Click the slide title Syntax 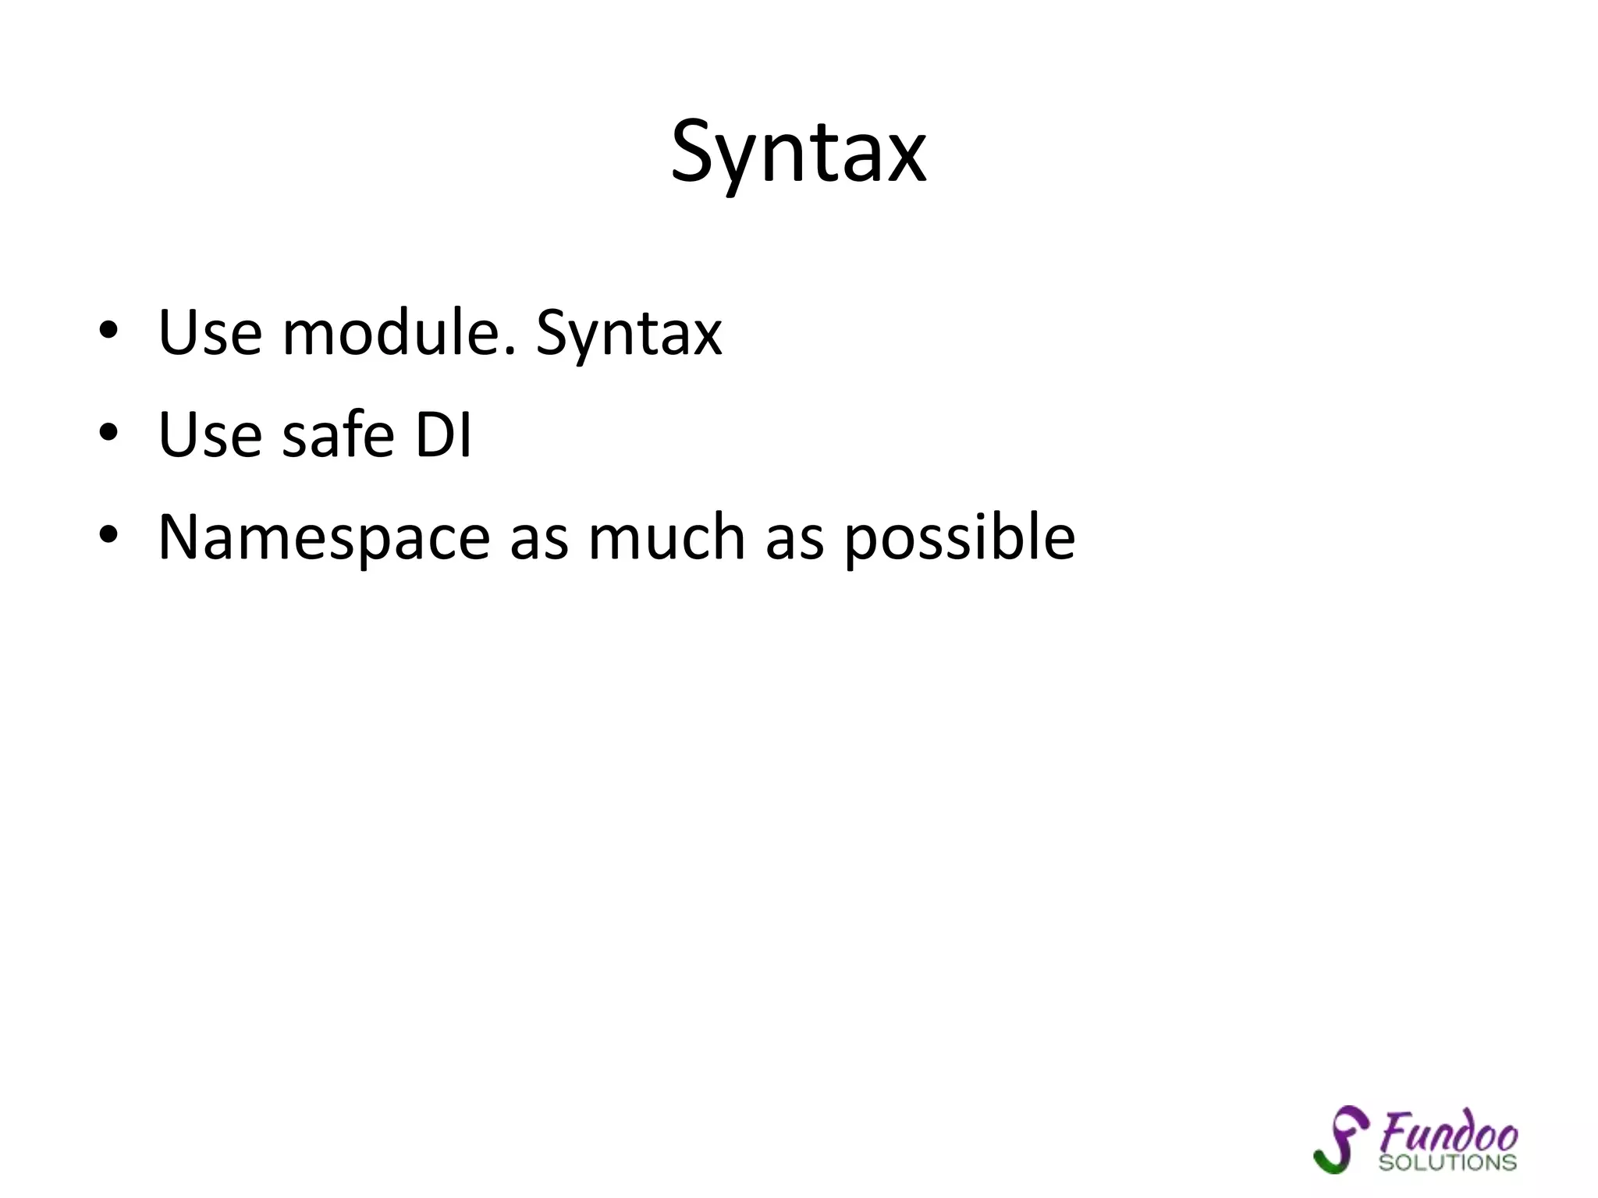(x=798, y=152)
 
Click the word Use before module (x=210, y=333)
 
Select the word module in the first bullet (x=399, y=333)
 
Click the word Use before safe (x=210, y=434)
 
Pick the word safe (x=338, y=434)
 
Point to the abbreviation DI (x=443, y=434)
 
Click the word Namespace (x=324, y=538)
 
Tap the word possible (x=960, y=538)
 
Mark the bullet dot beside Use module (x=108, y=331)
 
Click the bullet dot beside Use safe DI (x=108, y=432)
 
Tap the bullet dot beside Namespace (x=108, y=535)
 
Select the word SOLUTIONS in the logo (x=1447, y=1162)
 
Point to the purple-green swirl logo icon (x=1341, y=1139)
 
